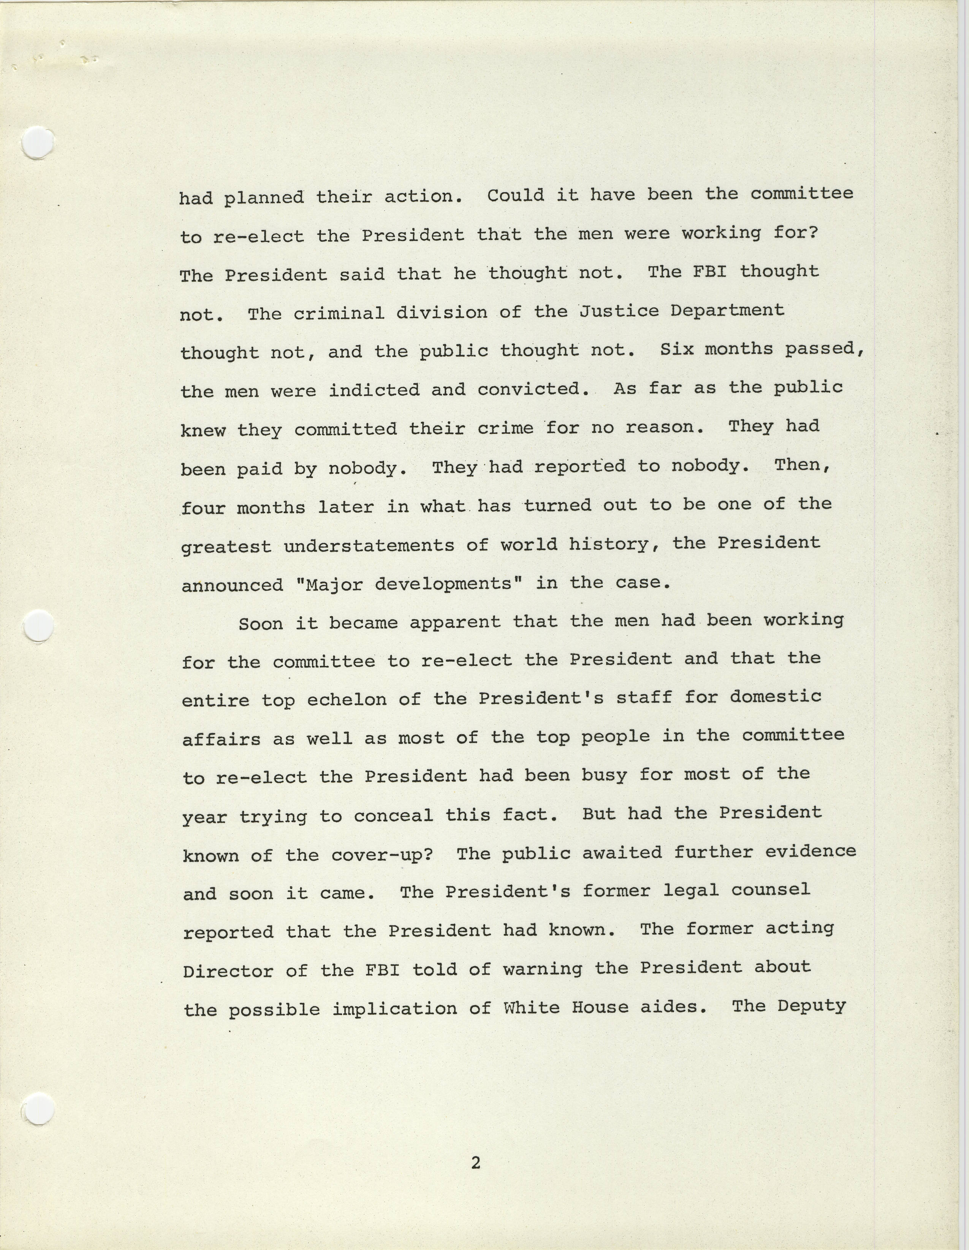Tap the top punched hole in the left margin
[38, 141]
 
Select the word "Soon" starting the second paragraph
[260, 623]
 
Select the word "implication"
[395, 1009]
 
